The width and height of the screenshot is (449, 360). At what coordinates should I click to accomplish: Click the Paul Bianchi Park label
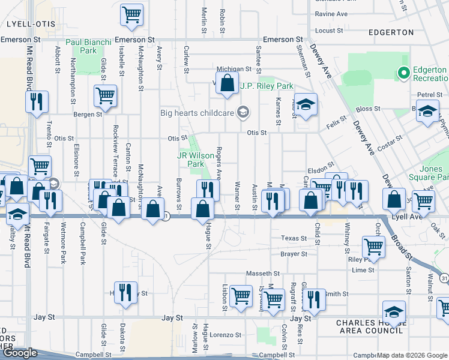click(x=89, y=46)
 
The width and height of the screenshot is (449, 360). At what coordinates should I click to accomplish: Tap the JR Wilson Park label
click(x=196, y=159)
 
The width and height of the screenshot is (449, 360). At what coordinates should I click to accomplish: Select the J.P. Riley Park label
click(x=267, y=86)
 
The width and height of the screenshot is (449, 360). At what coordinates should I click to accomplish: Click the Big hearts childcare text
click(x=197, y=112)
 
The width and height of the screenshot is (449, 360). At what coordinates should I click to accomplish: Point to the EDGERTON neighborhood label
click(x=391, y=32)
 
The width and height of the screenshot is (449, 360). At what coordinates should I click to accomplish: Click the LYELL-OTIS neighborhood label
click(x=31, y=23)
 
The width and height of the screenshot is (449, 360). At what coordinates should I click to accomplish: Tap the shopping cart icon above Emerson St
click(x=131, y=15)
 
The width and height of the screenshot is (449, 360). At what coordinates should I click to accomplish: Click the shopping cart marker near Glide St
click(x=105, y=96)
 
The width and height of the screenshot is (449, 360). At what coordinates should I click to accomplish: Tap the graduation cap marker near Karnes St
click(x=306, y=106)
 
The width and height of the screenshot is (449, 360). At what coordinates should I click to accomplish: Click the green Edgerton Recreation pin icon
click(x=403, y=73)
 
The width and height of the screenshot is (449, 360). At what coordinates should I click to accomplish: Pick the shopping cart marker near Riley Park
click(x=373, y=247)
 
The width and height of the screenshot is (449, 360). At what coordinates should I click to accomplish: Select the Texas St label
click(x=295, y=238)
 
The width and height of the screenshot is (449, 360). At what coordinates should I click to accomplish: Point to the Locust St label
click(x=329, y=30)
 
